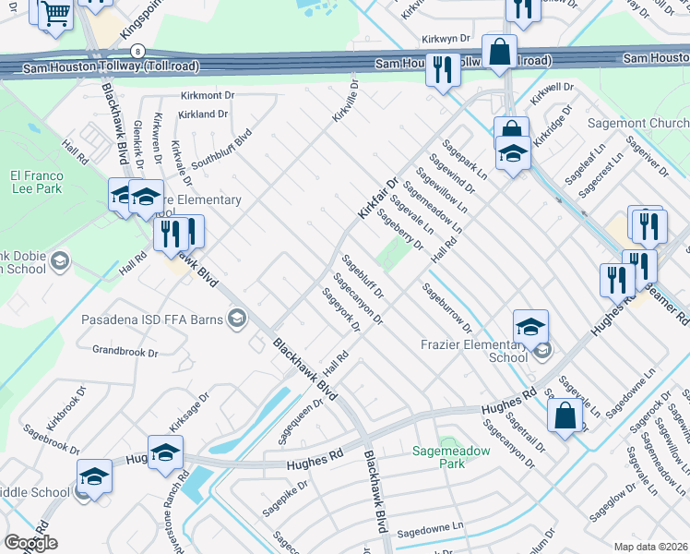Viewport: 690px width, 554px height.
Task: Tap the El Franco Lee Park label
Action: pos(35,183)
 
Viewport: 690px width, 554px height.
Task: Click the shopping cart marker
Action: pos(55,14)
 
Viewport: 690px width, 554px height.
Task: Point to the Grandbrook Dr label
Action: pos(125,351)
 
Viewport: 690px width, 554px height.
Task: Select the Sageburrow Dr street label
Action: pos(446,307)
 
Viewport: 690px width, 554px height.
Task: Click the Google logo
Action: pos(30,543)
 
